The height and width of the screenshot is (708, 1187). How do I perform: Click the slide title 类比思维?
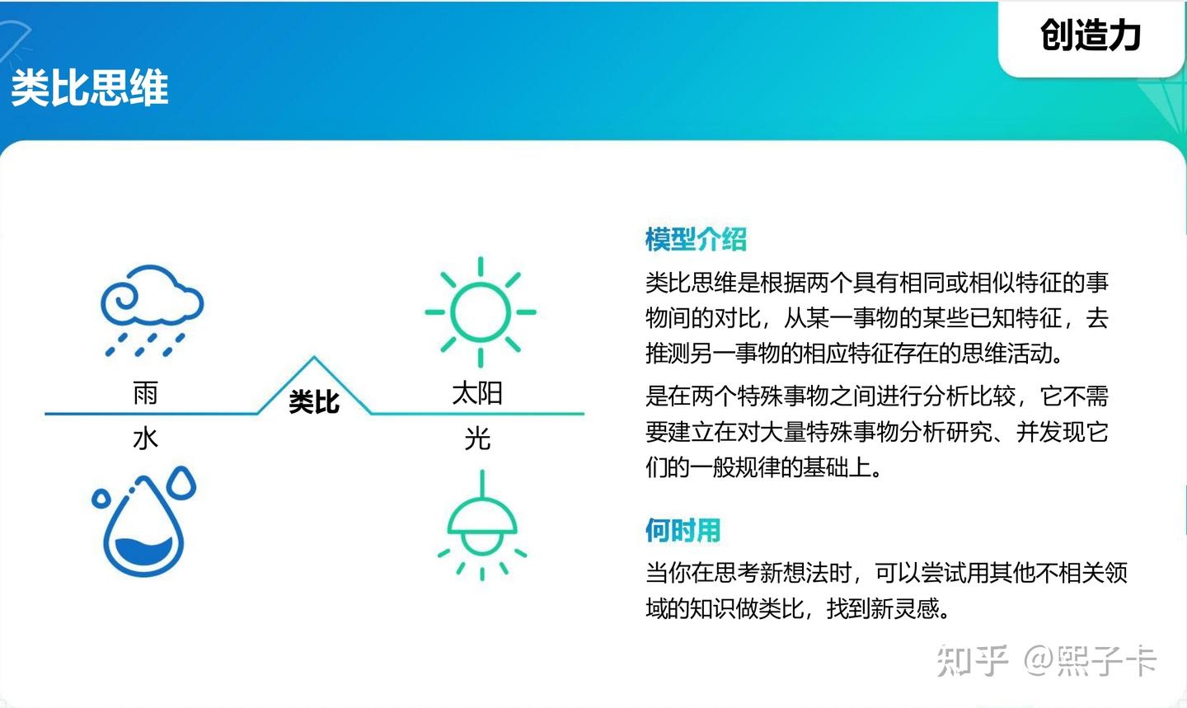pos(90,87)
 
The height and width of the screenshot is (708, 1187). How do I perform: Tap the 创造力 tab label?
pos(1090,35)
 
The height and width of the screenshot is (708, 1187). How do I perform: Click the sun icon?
pos(481,312)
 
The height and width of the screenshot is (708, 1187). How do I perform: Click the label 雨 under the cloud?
pos(145,393)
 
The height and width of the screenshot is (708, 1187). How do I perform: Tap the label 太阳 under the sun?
pos(477,393)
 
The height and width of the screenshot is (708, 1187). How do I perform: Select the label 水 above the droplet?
pos(145,438)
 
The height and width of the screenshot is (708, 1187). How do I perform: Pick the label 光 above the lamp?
pos(477,438)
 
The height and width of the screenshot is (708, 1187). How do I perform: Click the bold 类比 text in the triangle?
pos(314,402)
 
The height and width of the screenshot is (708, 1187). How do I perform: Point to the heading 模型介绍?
pos(696,239)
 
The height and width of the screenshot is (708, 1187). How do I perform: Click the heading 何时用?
pos(683,530)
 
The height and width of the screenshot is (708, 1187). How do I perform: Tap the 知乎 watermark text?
pos(973,661)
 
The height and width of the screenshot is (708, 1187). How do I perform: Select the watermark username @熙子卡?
pos(1090,661)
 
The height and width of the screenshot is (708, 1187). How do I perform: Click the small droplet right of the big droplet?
pos(181,482)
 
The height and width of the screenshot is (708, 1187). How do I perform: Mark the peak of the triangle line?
pos(314,358)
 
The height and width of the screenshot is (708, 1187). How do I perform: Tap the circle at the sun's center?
pos(481,312)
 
